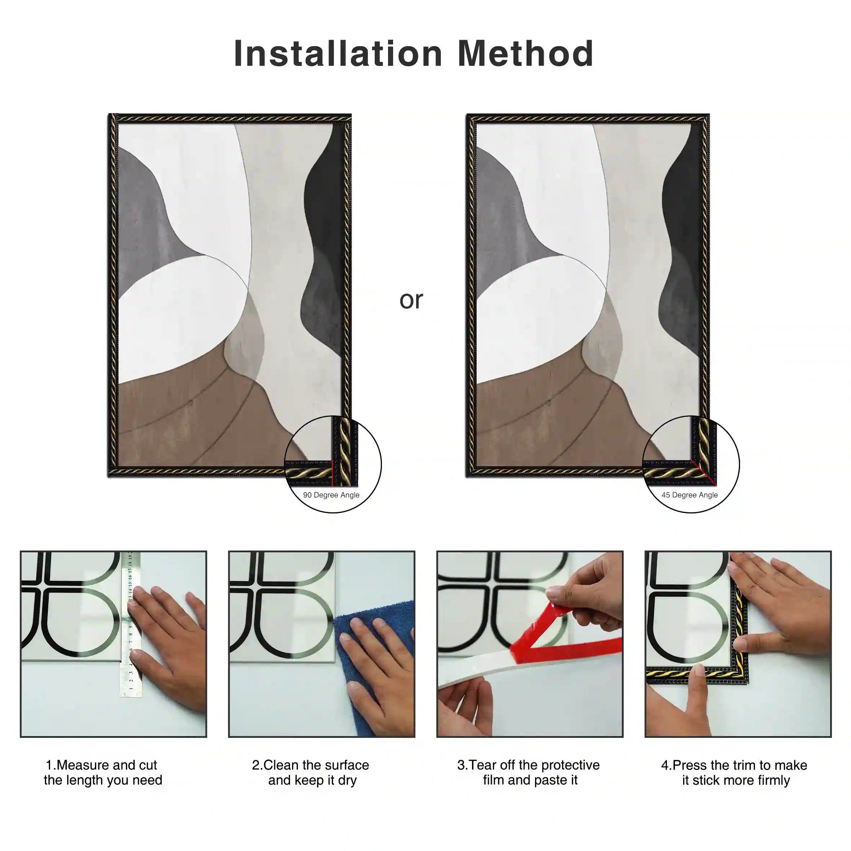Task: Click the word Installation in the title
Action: pos(338,53)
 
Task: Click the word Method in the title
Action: pos(526,53)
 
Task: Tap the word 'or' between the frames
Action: pos(411,300)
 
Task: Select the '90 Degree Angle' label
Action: pos(331,495)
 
